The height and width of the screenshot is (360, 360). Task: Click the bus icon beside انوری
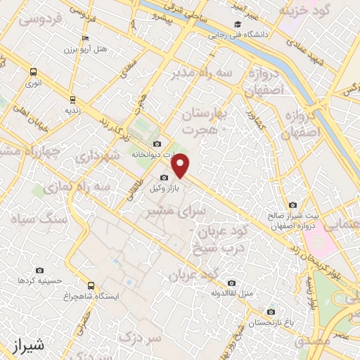tap(33, 72)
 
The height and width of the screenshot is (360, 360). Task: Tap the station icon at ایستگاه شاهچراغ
tap(90, 285)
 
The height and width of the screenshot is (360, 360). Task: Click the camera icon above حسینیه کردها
tap(39, 270)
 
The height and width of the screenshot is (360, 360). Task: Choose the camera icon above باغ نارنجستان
tap(270, 312)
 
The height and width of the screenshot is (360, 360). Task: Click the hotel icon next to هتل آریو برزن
tap(85, 39)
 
